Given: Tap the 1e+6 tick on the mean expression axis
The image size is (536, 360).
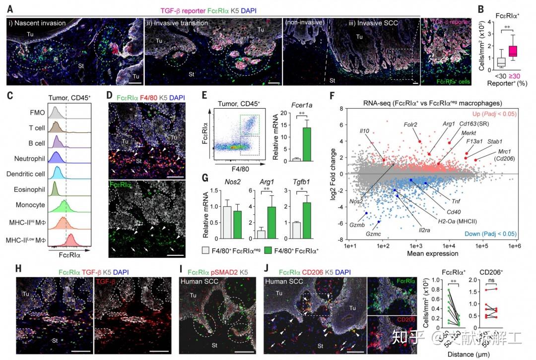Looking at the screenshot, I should pos(516,245).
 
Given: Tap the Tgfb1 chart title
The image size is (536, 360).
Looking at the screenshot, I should pos(304,182).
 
